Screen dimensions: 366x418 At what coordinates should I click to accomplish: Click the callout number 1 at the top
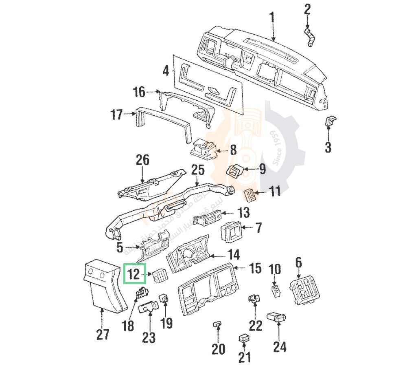(x=271, y=18)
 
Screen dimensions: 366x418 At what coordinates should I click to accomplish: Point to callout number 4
(x=166, y=71)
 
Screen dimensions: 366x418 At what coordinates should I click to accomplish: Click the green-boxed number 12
(x=135, y=273)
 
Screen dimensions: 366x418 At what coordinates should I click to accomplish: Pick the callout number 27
(x=103, y=335)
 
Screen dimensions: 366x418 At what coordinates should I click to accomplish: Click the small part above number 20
(x=218, y=324)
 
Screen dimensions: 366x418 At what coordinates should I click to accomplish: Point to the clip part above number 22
(x=254, y=298)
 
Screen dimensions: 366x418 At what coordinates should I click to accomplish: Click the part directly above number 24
(x=277, y=317)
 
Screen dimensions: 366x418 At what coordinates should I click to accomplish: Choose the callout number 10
(x=276, y=269)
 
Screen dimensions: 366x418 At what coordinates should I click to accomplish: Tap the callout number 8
(x=233, y=150)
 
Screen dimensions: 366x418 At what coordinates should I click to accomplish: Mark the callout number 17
(x=116, y=115)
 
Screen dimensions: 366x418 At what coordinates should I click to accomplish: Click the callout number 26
(x=143, y=160)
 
